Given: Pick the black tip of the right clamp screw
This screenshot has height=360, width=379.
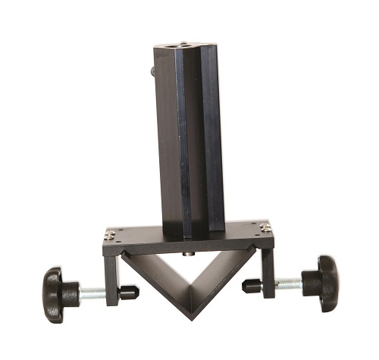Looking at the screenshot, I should click(x=252, y=286).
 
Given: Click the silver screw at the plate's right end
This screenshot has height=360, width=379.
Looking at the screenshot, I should click(x=265, y=226).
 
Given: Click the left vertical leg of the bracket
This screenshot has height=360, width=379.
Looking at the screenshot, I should click(x=111, y=277).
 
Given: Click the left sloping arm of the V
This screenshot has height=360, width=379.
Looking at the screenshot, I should click(x=159, y=280).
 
